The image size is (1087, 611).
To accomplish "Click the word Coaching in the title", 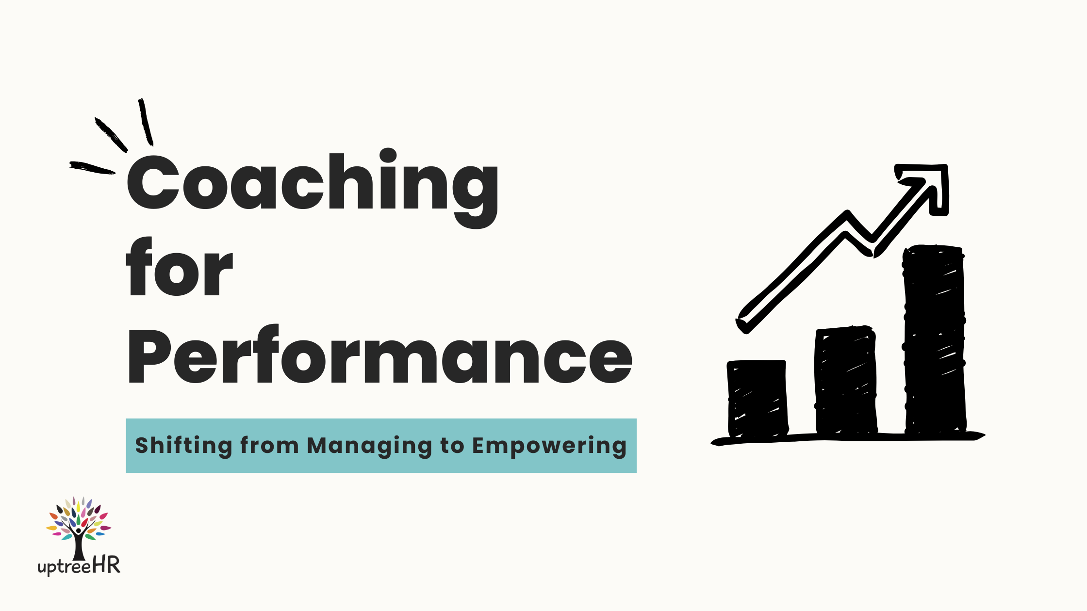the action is pos(313,188).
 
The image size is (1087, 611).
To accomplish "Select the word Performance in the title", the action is pos(380,354).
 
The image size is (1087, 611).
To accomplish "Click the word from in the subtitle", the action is pos(269,445).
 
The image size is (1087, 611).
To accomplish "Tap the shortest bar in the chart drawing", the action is pos(758,399).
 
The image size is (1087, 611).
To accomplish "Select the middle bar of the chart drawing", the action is pos(846,380).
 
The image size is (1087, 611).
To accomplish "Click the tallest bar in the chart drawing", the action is pos(934,339).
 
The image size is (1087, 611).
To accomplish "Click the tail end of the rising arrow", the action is pos(742,323).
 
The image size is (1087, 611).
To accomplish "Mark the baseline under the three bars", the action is pos(848,438).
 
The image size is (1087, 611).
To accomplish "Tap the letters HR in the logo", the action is pos(106,565).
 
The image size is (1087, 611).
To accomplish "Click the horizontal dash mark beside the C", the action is pos(92,167).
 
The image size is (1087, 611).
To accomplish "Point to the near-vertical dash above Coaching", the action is pos(146,122).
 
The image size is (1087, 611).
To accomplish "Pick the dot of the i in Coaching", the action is pos(388,156).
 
